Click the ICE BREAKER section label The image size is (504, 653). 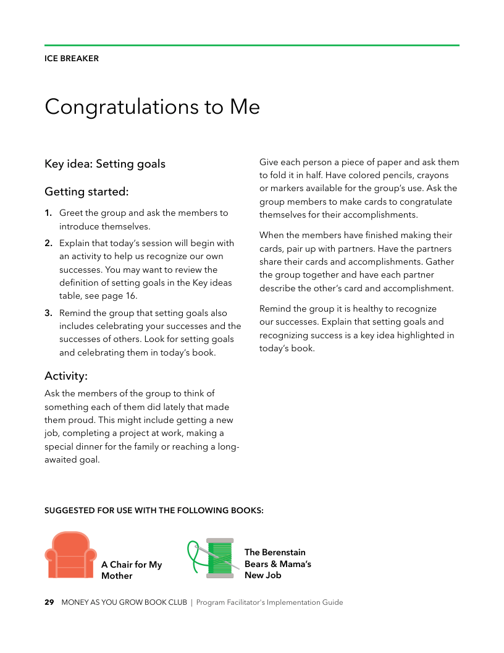coord(72,59)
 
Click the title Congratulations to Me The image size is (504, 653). coord(152,106)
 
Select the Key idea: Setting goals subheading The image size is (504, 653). coord(105,164)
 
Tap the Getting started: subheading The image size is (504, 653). coord(86,192)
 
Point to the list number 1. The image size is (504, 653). coord(48,213)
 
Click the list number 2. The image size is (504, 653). coord(48,243)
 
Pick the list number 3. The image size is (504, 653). coord(48,314)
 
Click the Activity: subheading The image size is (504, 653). coord(66,376)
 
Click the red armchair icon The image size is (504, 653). coord(70,555)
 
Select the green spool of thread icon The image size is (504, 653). coord(220,558)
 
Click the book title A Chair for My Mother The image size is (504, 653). coord(132,570)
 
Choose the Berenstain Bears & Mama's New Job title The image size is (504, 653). coord(277,563)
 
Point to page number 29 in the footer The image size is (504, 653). coord(49,602)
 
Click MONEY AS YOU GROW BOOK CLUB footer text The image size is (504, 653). coord(124,602)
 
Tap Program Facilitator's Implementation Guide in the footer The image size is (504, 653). coord(269,602)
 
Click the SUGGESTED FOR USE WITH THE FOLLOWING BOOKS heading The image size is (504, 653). coord(154,511)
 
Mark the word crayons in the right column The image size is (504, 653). coord(432,175)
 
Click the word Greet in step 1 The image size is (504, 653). coord(72,213)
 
